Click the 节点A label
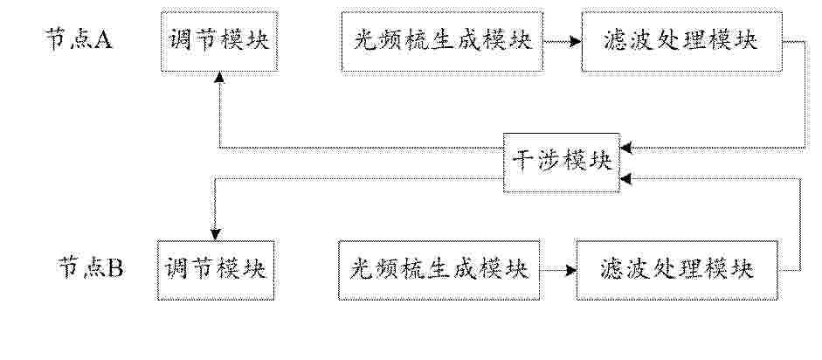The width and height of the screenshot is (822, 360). [79, 40]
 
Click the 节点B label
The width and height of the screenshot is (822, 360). [90, 270]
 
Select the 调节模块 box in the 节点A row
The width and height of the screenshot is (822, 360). [219, 40]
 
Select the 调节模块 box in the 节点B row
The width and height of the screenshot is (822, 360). [216, 270]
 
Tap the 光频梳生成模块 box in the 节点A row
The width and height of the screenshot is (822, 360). [442, 40]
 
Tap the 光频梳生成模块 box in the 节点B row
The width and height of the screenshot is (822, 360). [439, 270]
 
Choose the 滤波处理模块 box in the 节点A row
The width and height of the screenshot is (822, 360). [681, 40]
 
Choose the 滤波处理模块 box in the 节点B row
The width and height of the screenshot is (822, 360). [677, 270]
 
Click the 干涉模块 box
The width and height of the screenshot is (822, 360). [562, 163]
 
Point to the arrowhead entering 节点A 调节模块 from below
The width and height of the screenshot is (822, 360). [219, 77]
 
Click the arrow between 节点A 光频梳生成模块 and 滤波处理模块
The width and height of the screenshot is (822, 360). [562, 41]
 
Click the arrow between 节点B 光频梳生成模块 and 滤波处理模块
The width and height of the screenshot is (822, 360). [558, 270]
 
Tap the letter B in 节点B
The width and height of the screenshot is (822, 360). [115, 270]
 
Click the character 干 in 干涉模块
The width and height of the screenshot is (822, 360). [523, 163]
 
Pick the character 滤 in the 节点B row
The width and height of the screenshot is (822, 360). [612, 270]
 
